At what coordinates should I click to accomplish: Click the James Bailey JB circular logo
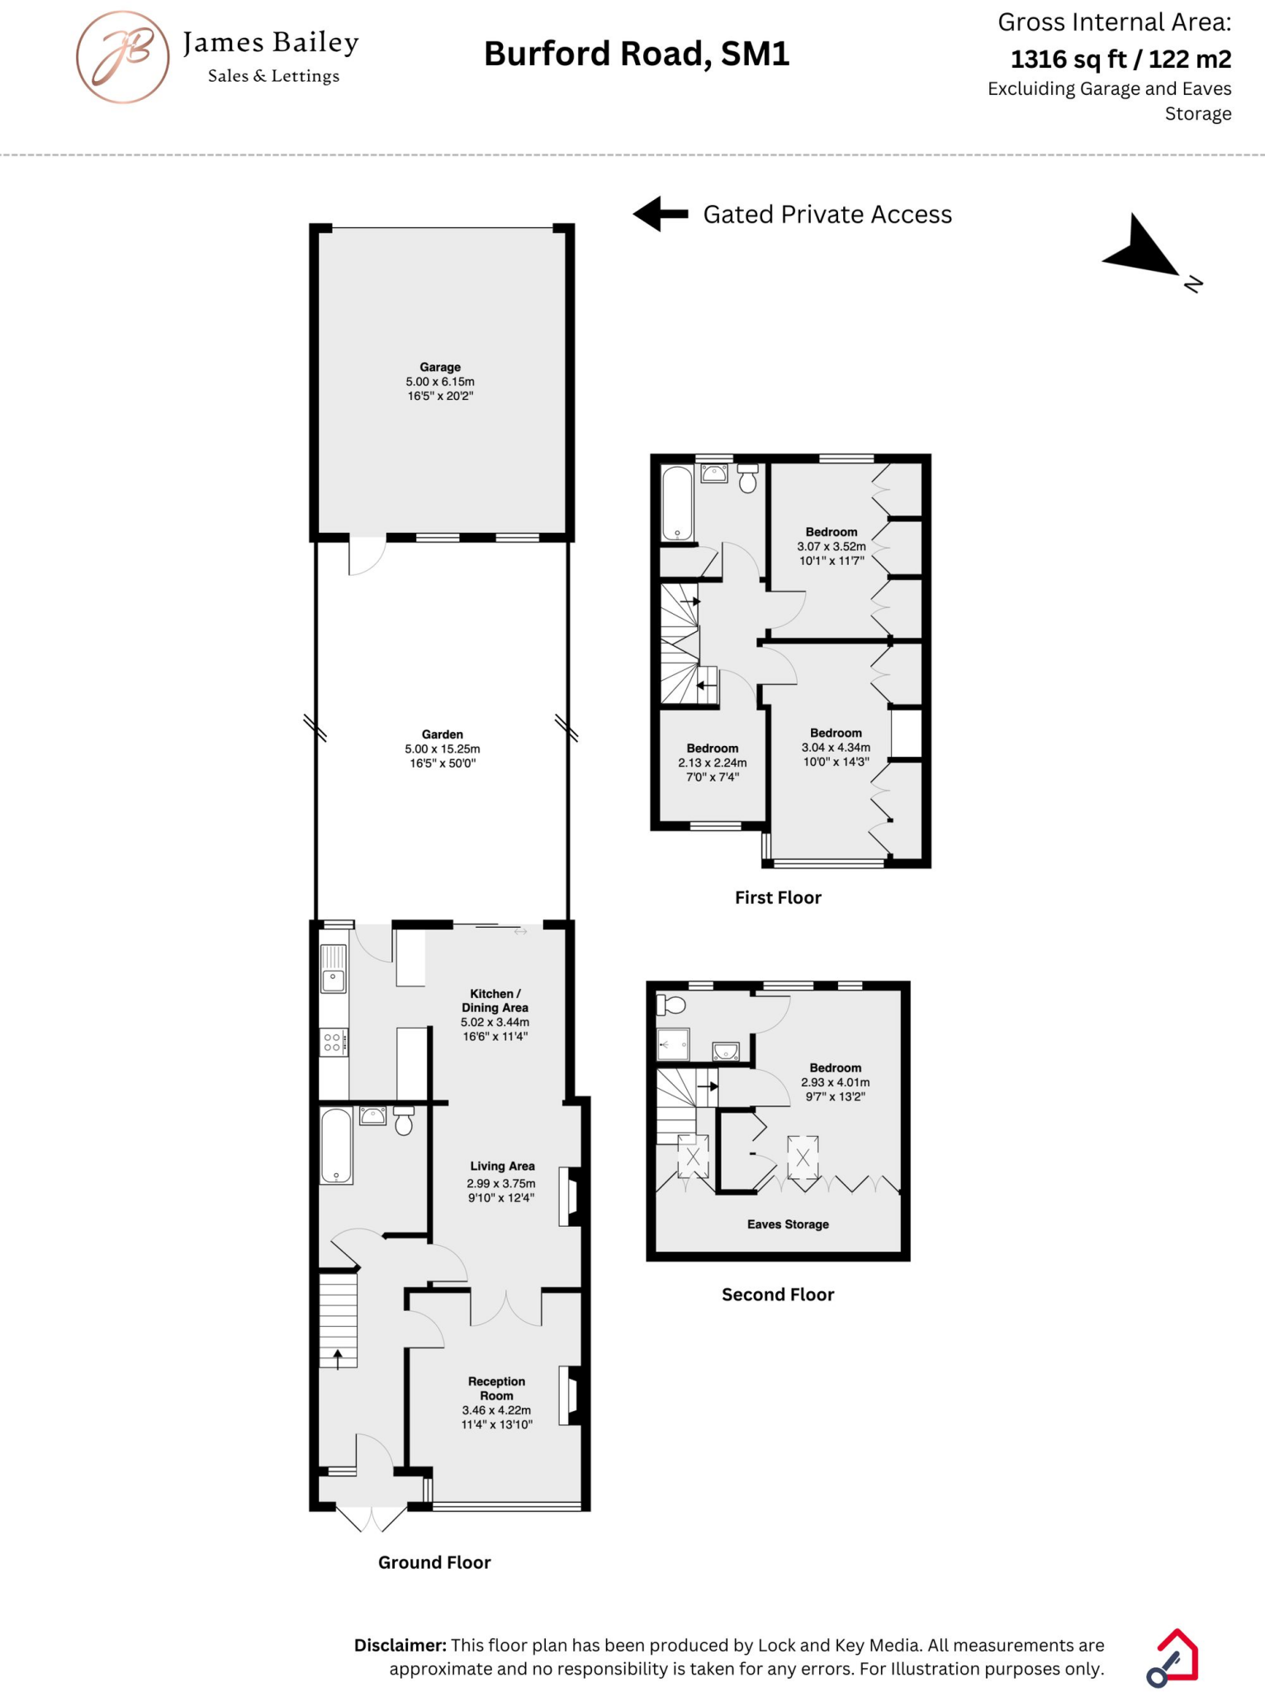(x=123, y=57)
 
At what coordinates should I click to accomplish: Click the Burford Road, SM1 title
(x=637, y=55)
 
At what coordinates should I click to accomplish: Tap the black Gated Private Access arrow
(x=661, y=214)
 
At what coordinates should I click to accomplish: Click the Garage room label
(x=440, y=367)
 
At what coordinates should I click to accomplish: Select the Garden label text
(x=443, y=734)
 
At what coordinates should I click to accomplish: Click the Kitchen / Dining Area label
(x=495, y=1000)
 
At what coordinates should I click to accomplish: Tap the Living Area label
(x=502, y=1167)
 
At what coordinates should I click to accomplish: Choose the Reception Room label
(x=496, y=1388)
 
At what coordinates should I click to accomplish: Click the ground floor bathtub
(x=336, y=1146)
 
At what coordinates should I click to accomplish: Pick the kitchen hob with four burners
(x=334, y=1043)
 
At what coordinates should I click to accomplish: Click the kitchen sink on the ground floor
(x=334, y=969)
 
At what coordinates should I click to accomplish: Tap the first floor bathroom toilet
(x=747, y=478)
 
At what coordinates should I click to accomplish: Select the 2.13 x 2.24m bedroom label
(x=713, y=763)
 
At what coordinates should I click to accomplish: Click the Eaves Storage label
(x=788, y=1224)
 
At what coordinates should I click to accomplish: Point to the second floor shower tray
(x=673, y=1044)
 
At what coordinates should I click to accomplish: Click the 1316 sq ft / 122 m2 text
(x=1120, y=59)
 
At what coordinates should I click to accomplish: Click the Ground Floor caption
(x=434, y=1562)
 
